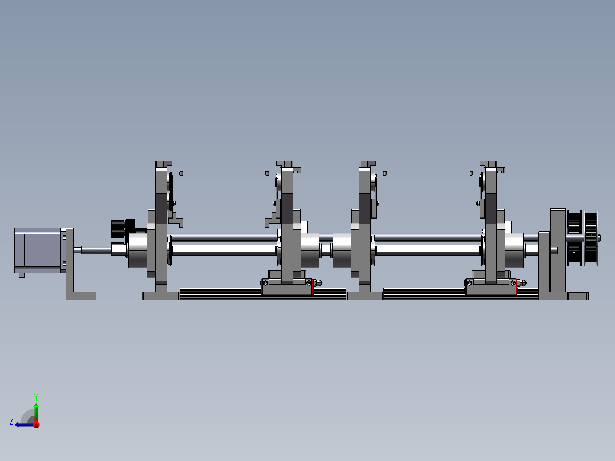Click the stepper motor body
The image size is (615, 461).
pos(38,250)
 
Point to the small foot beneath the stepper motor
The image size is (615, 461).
pos(22,276)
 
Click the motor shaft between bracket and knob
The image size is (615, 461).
pos(96,250)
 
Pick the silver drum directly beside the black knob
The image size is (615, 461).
pos(137,250)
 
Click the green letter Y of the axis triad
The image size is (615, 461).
pos(36,397)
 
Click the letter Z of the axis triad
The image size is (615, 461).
pos(11,422)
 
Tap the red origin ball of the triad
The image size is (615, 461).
pos(37,424)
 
